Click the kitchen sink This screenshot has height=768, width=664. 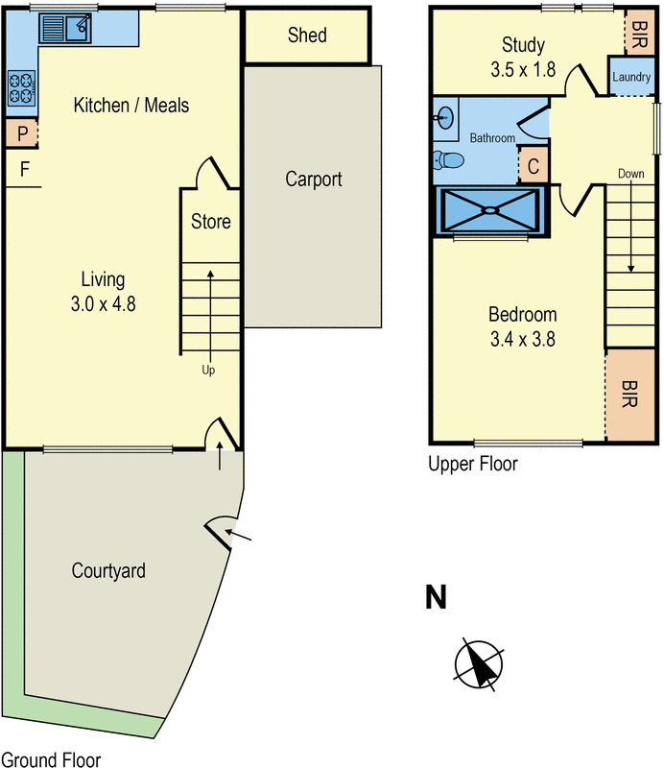tap(65, 28)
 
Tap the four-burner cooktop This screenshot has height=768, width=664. tap(22, 88)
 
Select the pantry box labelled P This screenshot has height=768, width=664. tap(21, 133)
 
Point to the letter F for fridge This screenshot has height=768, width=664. tap(25, 170)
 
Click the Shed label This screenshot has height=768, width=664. tap(307, 36)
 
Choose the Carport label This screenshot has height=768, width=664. tap(314, 180)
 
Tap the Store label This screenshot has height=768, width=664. tap(210, 222)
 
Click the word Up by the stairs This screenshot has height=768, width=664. tap(208, 371)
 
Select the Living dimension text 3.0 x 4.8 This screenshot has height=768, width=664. tap(104, 304)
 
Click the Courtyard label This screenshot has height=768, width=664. tap(108, 571)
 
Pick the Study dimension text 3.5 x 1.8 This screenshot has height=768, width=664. tap(523, 69)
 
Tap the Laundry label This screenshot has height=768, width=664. tap(631, 77)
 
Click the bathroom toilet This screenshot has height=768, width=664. tap(448, 159)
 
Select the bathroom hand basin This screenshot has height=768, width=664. tap(444, 118)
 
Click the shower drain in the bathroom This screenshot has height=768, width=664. tap(490, 210)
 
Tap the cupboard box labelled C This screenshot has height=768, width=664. tap(534, 165)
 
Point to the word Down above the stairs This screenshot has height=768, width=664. tap(630, 174)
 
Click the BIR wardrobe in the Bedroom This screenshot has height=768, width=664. tap(630, 395)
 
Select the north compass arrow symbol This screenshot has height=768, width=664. tap(479, 664)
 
